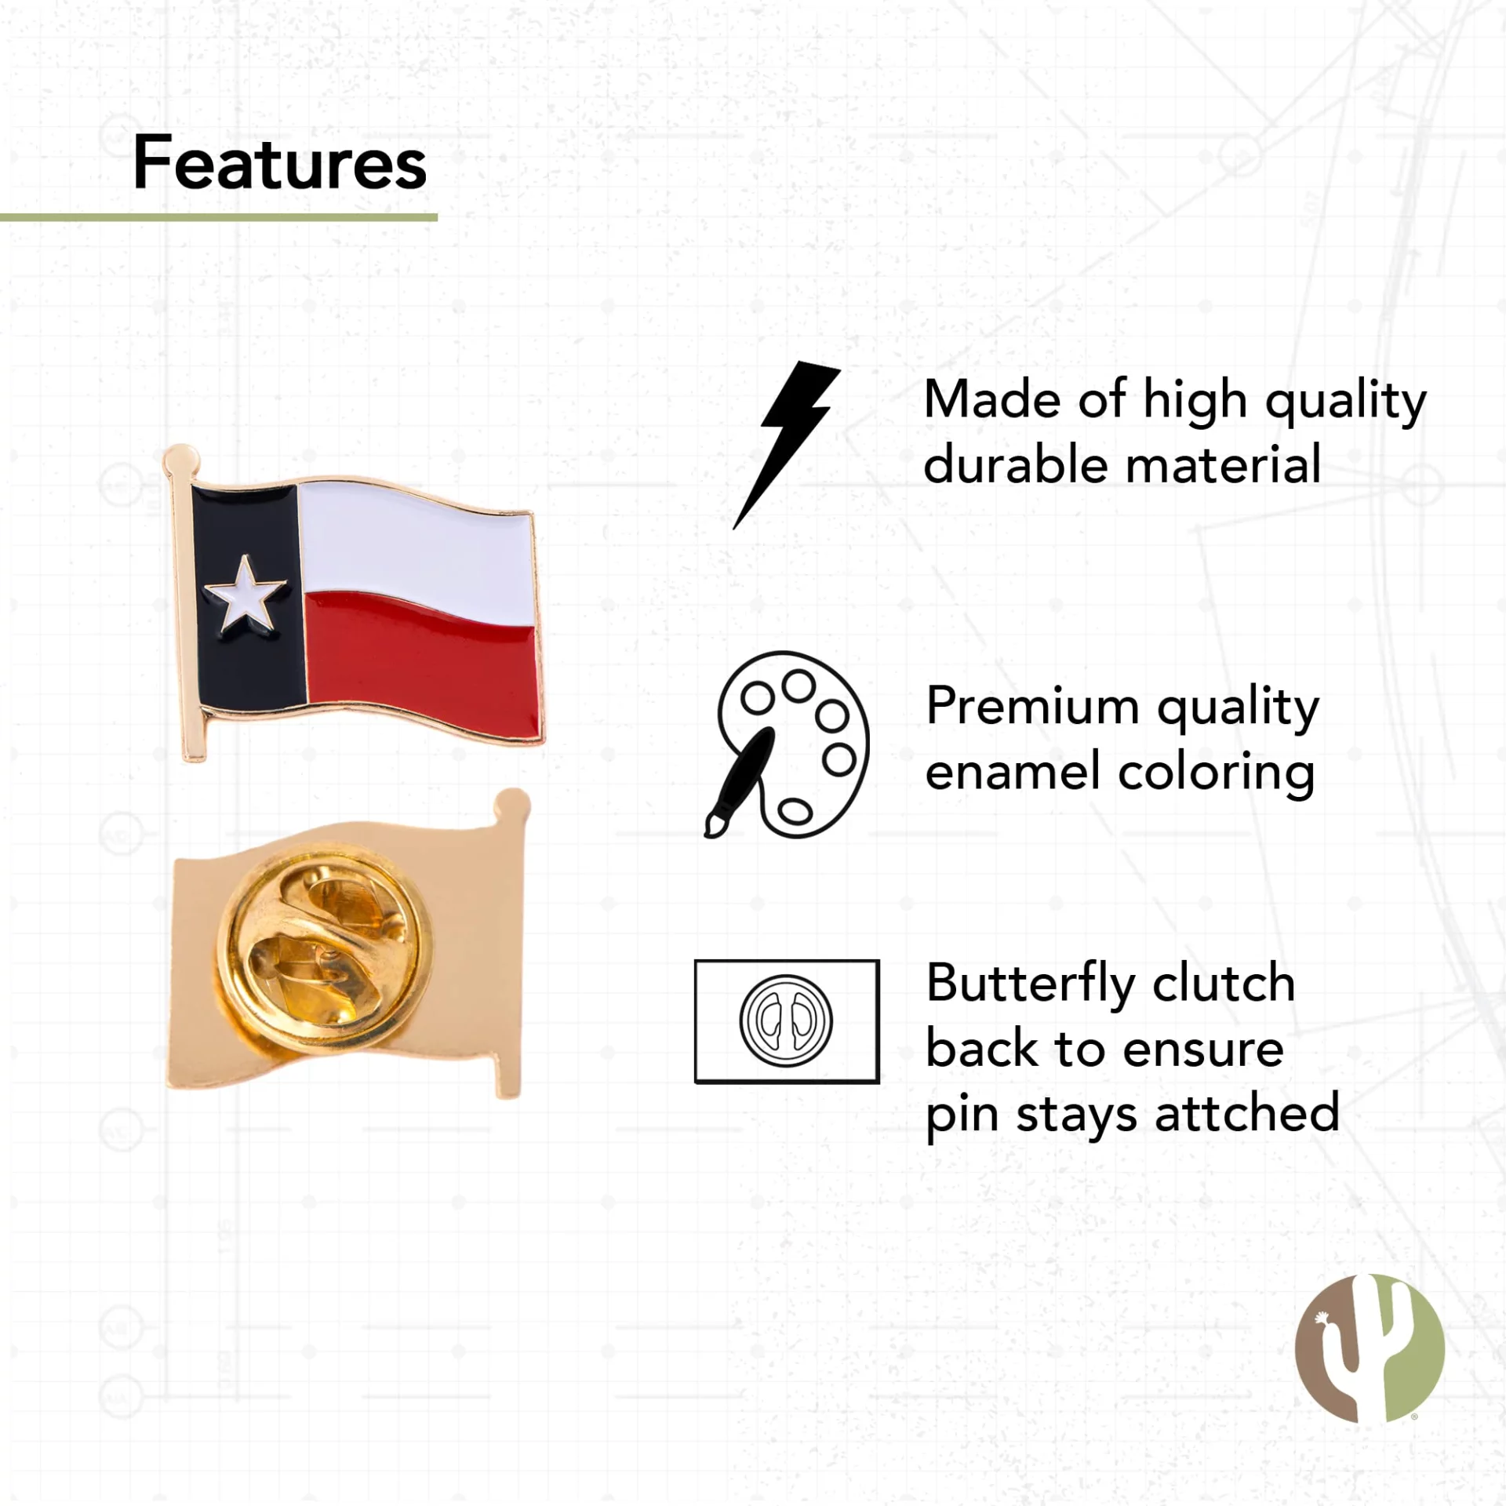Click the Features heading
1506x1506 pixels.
[280, 162]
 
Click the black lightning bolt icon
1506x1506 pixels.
[787, 445]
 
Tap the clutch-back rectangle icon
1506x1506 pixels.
[787, 1021]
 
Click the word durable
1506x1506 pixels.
[1017, 465]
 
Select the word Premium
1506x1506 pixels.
[1033, 707]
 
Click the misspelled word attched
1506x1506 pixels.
[1248, 1112]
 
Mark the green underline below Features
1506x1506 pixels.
[219, 217]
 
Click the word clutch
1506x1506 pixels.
[1223, 984]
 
